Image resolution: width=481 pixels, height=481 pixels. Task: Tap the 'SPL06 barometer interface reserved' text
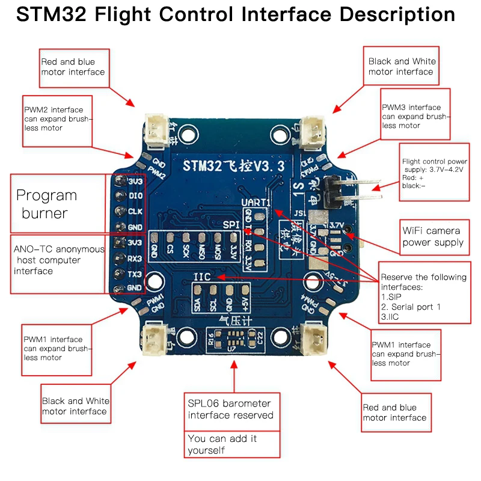click(x=231, y=409)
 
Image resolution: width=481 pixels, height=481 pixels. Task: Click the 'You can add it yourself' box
click(x=231, y=444)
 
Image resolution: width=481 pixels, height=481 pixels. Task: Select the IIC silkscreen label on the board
click(x=202, y=277)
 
